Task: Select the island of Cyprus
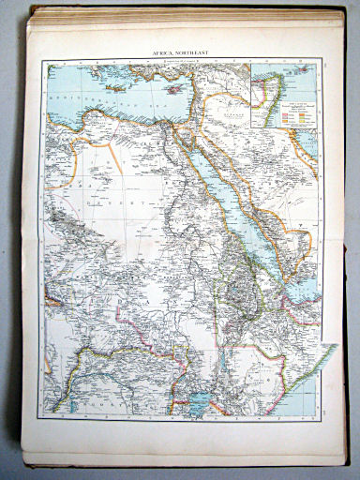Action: pos(204,87)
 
